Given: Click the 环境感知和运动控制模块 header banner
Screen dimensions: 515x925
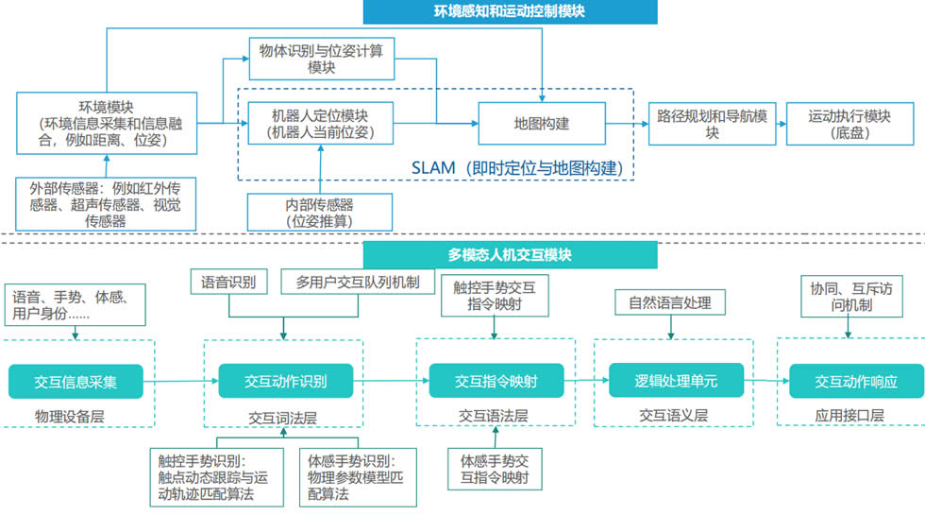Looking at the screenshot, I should pos(511,12).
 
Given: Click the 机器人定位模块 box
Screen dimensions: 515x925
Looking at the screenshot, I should pos(319,124).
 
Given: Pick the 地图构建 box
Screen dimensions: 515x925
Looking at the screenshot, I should pos(541,124).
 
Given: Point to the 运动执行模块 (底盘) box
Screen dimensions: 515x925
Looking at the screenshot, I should pos(849,124).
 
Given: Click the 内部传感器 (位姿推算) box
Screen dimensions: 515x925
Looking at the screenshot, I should pos(319,212).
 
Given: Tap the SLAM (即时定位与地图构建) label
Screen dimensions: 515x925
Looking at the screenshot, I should pos(517,168).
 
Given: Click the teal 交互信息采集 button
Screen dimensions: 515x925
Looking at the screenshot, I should pos(76,381).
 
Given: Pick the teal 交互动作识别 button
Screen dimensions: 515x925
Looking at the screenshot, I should pos(285,381).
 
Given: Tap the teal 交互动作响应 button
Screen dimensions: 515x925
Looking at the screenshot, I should pos(856,381).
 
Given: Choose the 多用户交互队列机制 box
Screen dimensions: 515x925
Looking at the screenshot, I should pos(358,281).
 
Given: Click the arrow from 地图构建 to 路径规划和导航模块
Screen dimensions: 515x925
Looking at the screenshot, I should pos(626,124).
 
